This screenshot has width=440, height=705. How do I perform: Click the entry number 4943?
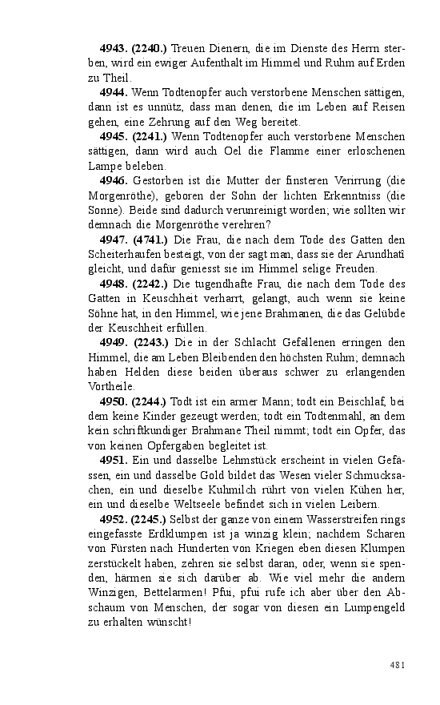pos(114,49)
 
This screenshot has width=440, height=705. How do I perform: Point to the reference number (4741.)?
pos(150,239)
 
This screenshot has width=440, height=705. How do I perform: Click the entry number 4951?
pos(114,461)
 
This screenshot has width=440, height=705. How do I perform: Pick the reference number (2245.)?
pos(150,519)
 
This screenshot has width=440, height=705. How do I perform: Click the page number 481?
pos(398,664)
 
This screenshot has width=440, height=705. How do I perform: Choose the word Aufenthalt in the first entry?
pos(203,63)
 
